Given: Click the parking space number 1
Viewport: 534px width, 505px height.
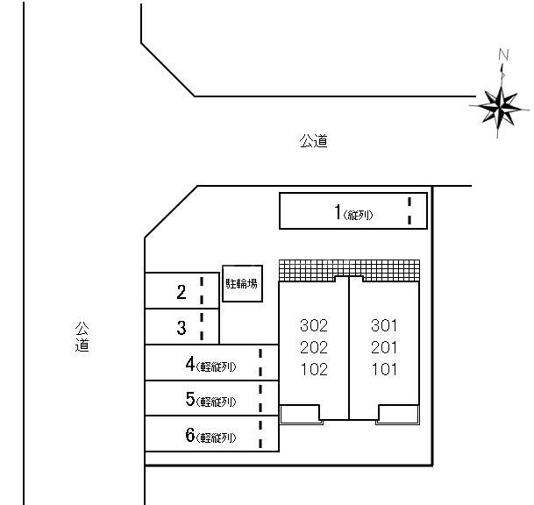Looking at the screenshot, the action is tap(338, 212).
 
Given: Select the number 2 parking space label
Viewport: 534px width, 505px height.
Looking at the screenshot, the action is tap(182, 292).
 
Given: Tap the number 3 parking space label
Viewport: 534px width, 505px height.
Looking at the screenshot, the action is tap(182, 328).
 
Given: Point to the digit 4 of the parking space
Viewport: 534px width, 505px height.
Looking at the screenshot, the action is tap(190, 364).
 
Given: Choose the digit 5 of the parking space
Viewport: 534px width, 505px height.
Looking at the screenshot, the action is tap(190, 399).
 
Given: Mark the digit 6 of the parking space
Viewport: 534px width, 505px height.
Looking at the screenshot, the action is tap(190, 435).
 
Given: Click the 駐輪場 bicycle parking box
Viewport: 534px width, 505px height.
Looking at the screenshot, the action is tap(242, 284).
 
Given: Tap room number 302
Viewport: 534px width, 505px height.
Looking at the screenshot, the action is tap(314, 325).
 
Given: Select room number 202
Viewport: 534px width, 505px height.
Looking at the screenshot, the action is tap(314, 348).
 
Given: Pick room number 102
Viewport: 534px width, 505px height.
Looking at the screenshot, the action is tap(314, 370).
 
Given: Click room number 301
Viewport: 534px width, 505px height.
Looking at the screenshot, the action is tap(384, 325).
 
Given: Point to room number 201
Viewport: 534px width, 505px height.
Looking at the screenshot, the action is tap(384, 348).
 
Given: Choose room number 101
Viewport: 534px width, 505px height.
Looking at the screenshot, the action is tap(384, 370).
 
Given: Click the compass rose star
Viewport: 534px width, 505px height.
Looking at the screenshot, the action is tap(500, 107).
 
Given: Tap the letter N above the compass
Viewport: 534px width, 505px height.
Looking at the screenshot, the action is tap(503, 55).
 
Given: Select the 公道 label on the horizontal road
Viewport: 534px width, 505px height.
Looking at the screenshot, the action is tap(314, 141).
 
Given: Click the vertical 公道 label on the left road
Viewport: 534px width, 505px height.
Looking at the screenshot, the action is tap(82, 337).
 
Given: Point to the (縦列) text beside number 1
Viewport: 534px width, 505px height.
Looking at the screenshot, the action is tap(359, 215).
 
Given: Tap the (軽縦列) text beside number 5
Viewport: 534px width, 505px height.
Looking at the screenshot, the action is tap(216, 402).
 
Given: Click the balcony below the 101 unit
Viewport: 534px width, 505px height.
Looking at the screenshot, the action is tap(398, 415).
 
